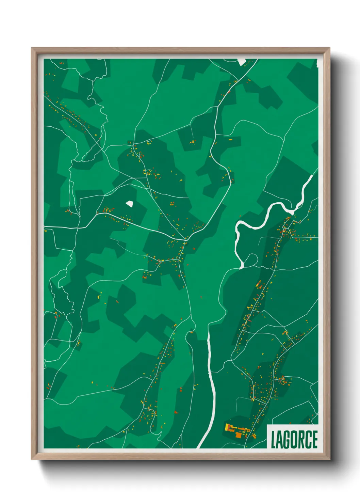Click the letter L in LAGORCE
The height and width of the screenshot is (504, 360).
pyautogui.click(x=273, y=440)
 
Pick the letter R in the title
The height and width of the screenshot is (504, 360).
pyautogui.click(x=302, y=440)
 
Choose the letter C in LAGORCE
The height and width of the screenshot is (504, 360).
pyautogui.click(x=309, y=440)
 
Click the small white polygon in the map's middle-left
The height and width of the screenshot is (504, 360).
pyautogui.click(x=129, y=204)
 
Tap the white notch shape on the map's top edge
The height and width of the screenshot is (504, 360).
pyautogui.click(x=242, y=62)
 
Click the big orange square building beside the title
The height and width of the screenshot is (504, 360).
pyautogui.click(x=239, y=435)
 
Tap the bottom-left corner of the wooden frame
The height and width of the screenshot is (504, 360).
pyautogui.click(x=32, y=459)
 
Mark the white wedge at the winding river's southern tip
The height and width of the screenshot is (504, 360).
pyautogui.click(x=242, y=265)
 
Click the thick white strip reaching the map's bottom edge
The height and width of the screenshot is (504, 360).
pyautogui.click(x=204, y=439)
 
